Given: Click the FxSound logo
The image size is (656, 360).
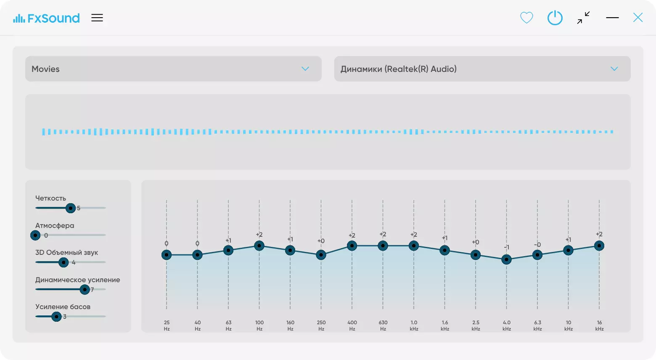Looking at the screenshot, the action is tap(46, 18).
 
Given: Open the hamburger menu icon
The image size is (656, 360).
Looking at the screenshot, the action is tap(97, 18).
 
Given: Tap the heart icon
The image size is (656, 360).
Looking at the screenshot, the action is tap(526, 18).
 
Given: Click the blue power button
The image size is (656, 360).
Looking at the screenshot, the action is tap(555, 18).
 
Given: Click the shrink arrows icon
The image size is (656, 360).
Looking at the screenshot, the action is tap(583, 18).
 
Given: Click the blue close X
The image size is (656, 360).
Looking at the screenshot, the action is tap(638, 18).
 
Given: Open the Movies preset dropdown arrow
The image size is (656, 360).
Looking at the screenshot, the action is tap(305, 69).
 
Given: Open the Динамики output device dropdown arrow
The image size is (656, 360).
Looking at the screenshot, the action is tap(614, 69).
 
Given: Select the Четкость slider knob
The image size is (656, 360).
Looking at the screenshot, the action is tap(70, 208).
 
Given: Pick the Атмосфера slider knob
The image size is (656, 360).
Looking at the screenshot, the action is tap(35, 235).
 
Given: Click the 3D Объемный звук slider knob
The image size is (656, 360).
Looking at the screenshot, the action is tap(63, 262).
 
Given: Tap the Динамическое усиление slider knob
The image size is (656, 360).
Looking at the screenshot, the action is tap(85, 290).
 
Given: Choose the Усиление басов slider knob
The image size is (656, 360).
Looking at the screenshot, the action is tap(56, 317).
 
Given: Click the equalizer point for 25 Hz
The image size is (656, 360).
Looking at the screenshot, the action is tap(167, 255).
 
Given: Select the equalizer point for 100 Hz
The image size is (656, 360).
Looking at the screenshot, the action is tap(259, 246).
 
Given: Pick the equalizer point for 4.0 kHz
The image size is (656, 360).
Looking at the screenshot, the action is tap(506, 259).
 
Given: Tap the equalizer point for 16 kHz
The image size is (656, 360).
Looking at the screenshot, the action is tap(599, 246).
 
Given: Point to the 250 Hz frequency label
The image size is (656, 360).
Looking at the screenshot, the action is tap(321, 326).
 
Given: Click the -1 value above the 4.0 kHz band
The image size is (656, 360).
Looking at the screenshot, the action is tap(507, 247).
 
